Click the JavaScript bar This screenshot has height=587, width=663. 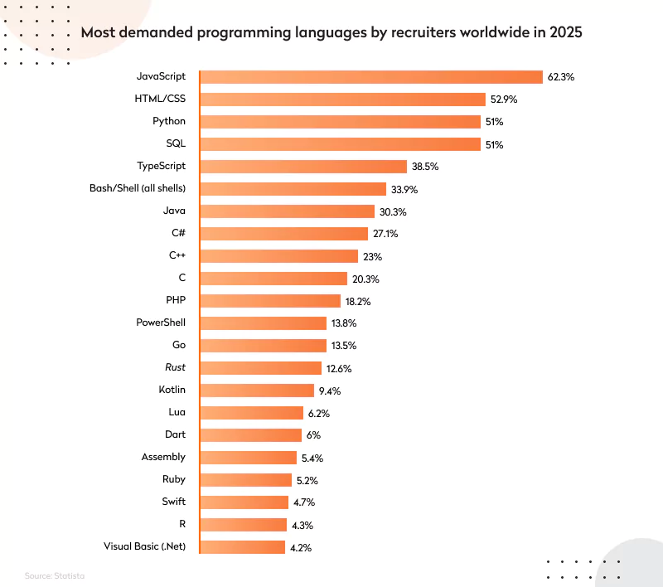370,76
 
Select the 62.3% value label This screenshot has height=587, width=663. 560,77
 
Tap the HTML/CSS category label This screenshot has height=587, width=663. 160,99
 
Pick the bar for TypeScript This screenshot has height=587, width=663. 303,166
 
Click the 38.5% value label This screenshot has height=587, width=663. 425,167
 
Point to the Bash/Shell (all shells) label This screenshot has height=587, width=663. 138,188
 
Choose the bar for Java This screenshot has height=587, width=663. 287,211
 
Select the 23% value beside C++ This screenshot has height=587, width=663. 372,256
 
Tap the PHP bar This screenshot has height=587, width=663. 270,301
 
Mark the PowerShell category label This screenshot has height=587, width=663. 161,323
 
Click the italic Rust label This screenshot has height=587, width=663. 175,367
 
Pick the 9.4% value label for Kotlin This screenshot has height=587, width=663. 329,391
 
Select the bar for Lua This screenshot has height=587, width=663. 251,412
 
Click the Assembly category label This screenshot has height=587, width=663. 163,457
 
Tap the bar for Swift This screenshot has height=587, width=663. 244,502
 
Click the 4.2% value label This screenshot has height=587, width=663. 301,547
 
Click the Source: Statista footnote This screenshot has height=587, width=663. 55,575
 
